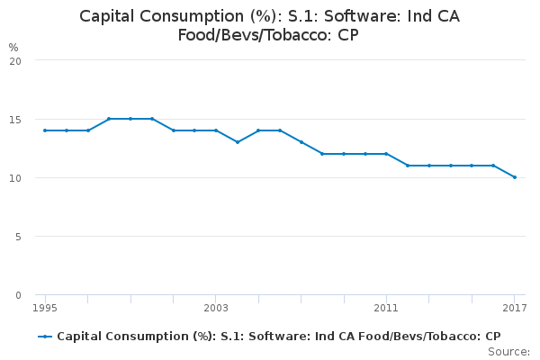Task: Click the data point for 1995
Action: coord(45,130)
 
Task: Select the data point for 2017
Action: coord(515,177)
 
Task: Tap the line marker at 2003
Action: coord(216,130)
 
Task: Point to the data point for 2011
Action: coord(386,154)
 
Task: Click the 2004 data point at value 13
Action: coord(238,142)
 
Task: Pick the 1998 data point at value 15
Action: coord(109,119)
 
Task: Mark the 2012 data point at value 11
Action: coord(408,166)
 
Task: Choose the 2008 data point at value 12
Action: coord(322,154)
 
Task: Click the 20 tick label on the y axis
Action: coord(15,60)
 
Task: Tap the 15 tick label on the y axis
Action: coord(15,119)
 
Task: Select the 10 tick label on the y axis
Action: coord(15,177)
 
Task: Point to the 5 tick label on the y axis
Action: coord(18,237)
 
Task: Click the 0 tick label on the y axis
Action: coord(18,295)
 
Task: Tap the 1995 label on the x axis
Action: coord(45,309)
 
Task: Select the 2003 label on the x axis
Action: coord(216,309)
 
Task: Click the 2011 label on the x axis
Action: coord(386,309)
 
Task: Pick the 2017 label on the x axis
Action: coord(515,309)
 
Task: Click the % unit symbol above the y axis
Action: coord(13,47)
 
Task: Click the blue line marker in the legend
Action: coord(45,337)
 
